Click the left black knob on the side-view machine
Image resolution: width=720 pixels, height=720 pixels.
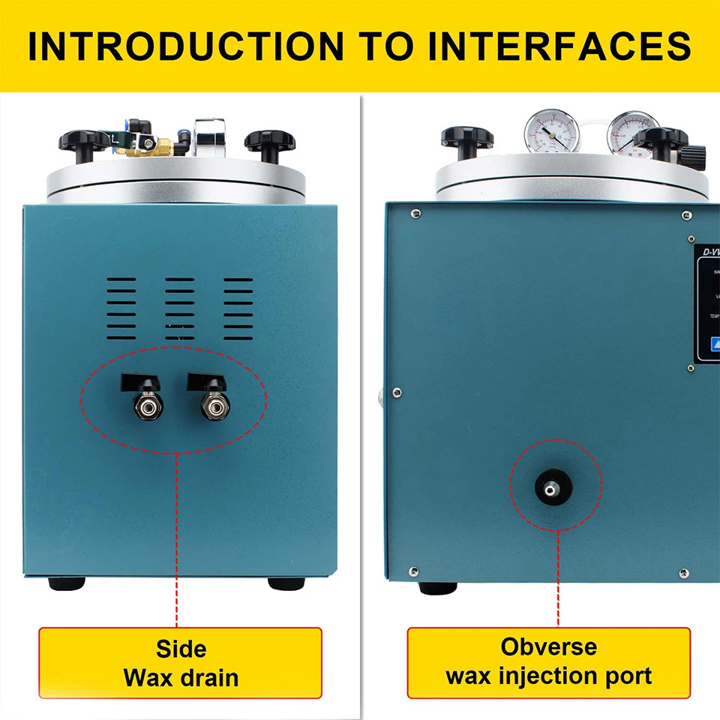[82, 140]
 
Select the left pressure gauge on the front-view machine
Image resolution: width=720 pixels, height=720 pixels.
[550, 133]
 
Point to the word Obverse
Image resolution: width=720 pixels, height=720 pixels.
[549, 646]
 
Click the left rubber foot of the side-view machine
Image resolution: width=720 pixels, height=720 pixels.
[66, 583]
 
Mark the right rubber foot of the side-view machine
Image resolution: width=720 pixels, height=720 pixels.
[286, 583]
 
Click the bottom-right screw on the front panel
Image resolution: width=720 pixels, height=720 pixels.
[683, 574]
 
